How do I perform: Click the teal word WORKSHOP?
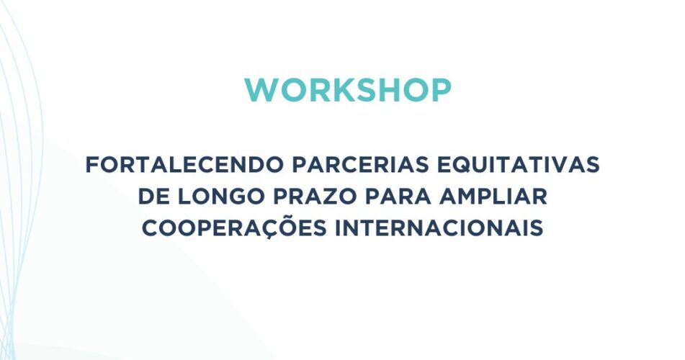pos(348,91)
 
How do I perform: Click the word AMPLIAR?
pos(493,196)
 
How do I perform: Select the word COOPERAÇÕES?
pos(234,227)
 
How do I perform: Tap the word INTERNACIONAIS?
pos(439,228)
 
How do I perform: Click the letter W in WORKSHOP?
pos(263,91)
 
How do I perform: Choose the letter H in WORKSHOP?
pos(389,91)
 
